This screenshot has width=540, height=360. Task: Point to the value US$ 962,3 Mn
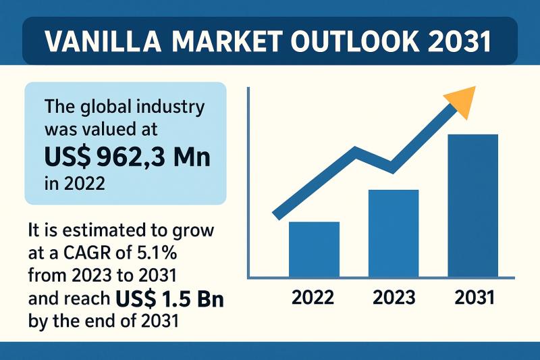127,157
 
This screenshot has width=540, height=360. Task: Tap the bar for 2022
314,249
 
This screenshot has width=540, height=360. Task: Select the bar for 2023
393,233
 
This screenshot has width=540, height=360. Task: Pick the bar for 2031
473,205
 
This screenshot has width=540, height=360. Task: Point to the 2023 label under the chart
393,297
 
